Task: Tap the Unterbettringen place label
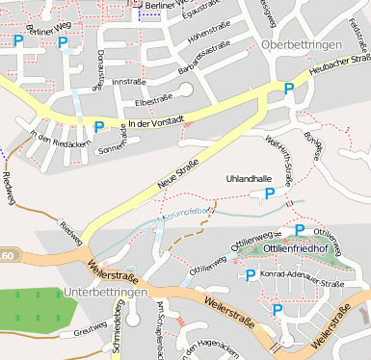[x=105, y=292]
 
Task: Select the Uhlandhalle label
[x=249, y=179]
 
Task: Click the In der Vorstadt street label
[x=154, y=123]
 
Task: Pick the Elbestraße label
[x=153, y=100]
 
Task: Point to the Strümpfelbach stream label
[x=187, y=213]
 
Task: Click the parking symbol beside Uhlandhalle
[x=271, y=194]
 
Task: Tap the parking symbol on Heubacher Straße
[x=289, y=89]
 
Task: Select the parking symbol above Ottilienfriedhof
[x=300, y=230]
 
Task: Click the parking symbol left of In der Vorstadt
[x=98, y=125]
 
